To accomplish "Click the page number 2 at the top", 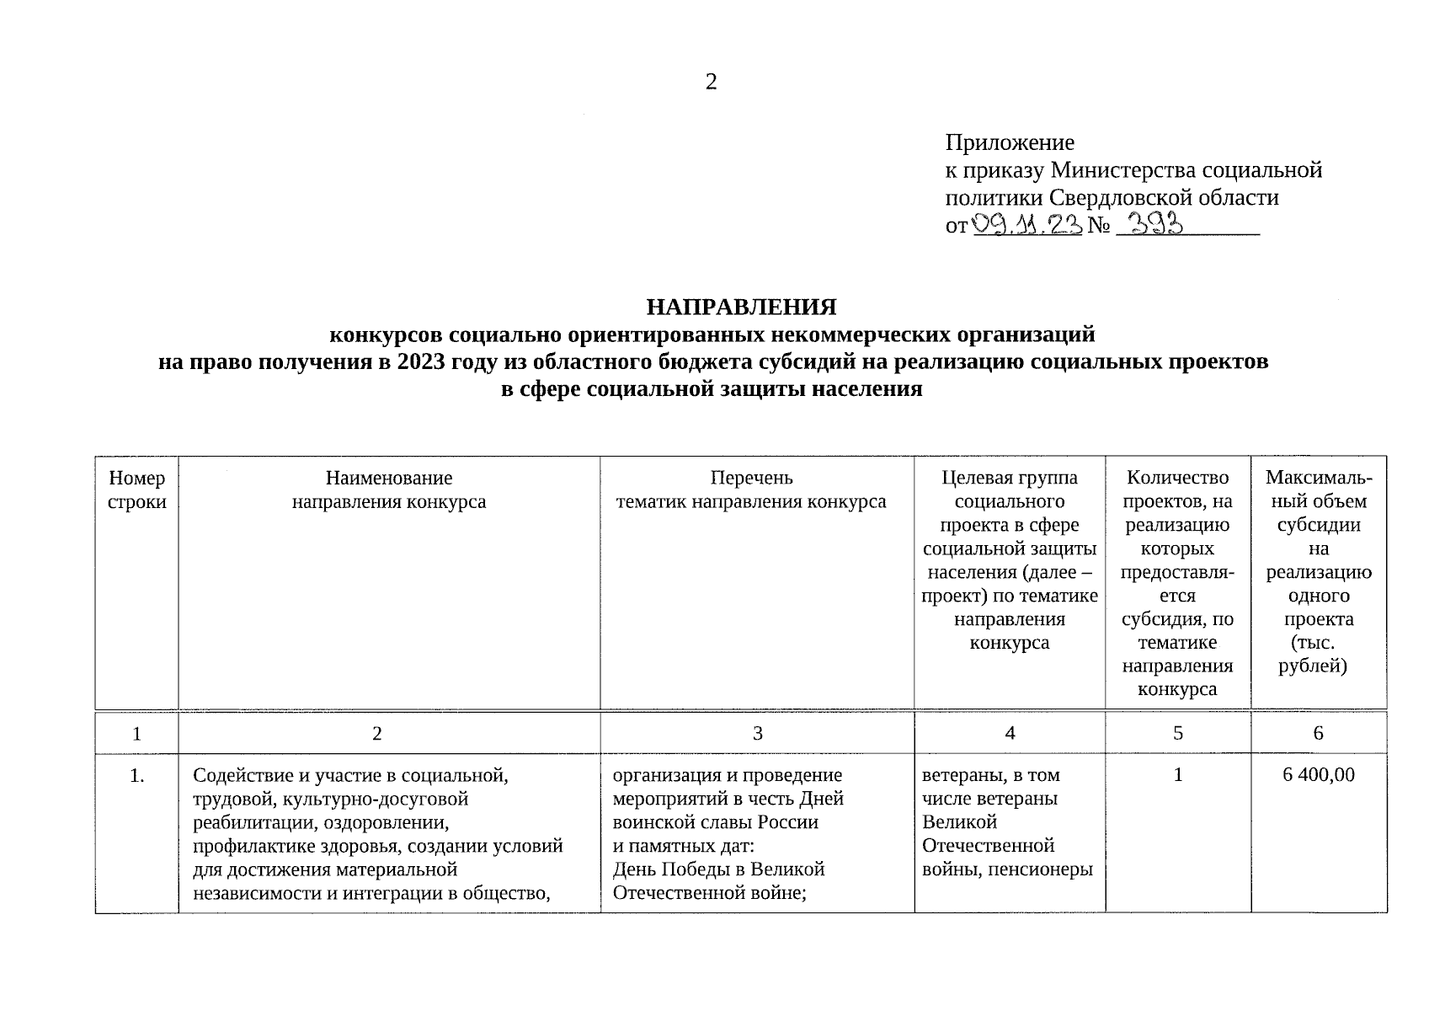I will [711, 82].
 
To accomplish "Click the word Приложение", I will [1009, 142].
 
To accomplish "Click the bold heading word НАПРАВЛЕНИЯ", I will [741, 305].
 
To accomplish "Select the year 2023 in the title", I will [425, 361].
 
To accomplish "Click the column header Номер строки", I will [136, 489].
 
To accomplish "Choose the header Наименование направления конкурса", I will [389, 489].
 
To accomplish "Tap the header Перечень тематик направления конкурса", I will [751, 489].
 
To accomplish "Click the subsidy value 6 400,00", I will [1318, 774].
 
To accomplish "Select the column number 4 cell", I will [1009, 733].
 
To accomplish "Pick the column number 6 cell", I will [1318, 733].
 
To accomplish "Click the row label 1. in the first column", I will [136, 774].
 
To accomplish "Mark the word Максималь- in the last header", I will [1318, 478].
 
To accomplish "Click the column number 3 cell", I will [757, 733].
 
